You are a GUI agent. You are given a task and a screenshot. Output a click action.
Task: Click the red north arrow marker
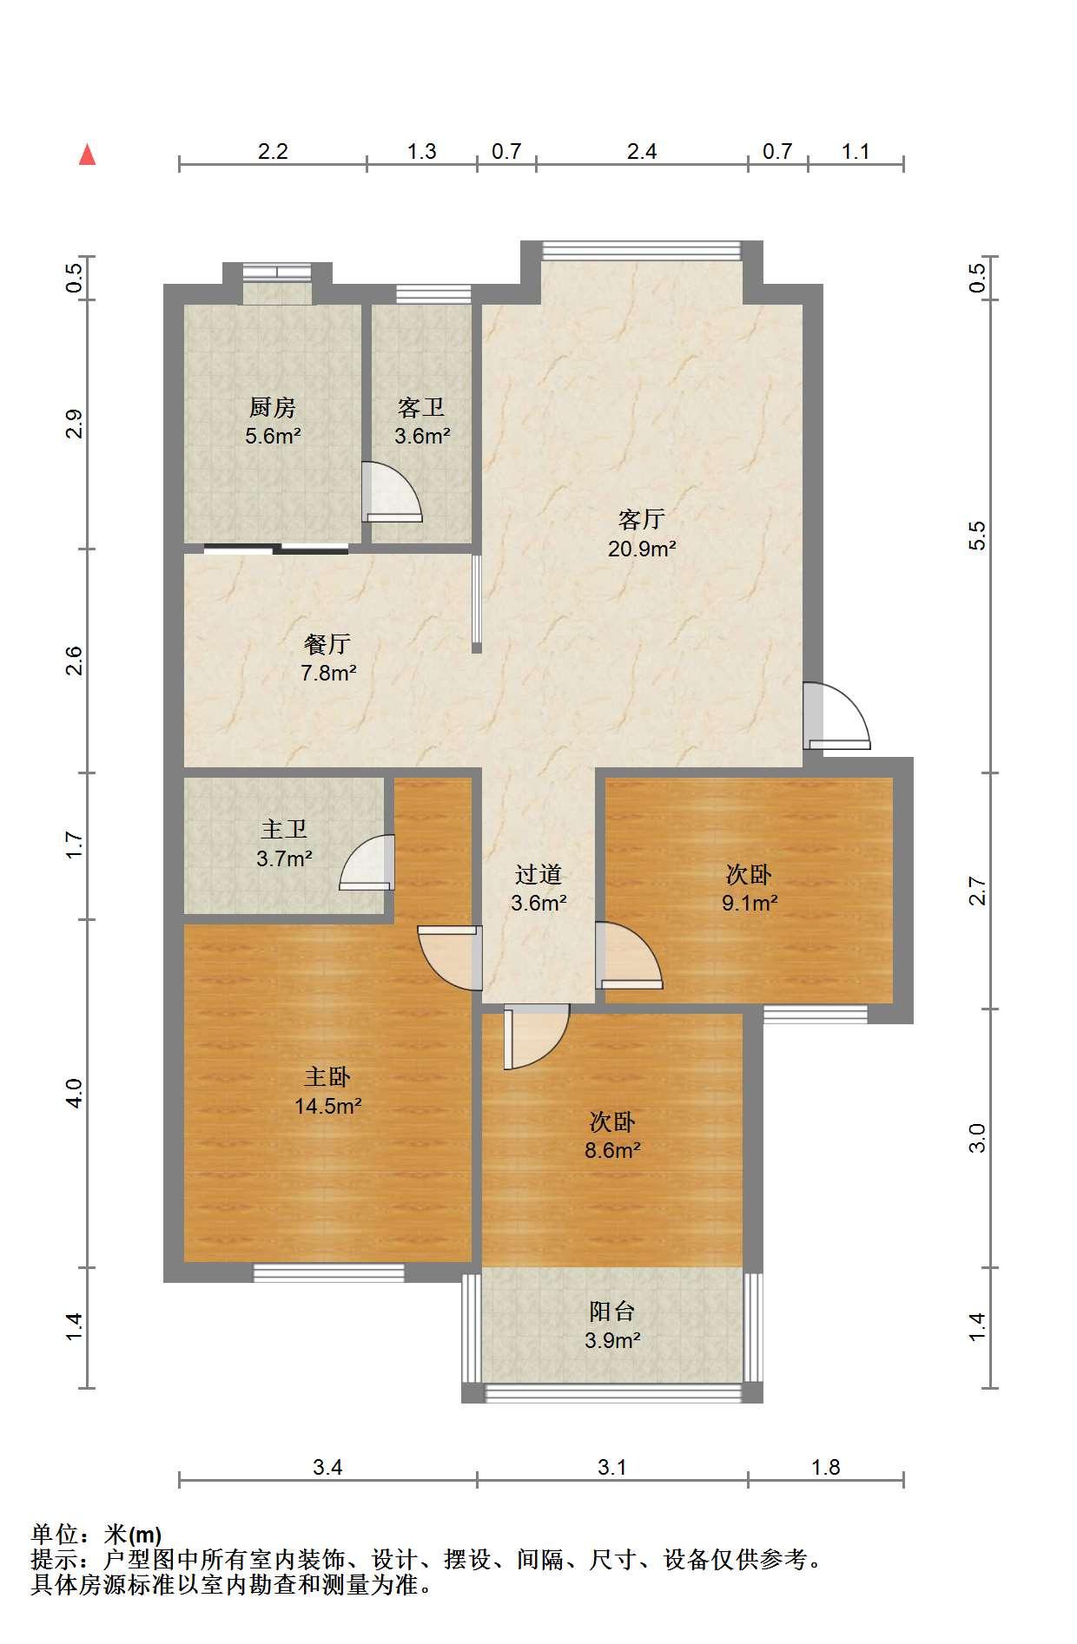[87, 155]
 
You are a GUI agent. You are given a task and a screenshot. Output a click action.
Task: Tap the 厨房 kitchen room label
[273, 406]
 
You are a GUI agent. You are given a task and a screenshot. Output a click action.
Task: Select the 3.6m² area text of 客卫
[422, 436]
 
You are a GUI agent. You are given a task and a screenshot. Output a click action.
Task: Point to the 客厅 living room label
[642, 519]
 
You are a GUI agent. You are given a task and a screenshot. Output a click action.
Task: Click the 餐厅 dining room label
[327, 643]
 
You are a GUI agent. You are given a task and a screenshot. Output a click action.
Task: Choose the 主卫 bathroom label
[284, 829]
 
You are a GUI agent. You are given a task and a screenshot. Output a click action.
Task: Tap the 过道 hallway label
[538, 874]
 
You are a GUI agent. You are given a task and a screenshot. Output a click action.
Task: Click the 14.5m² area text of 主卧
[327, 1106]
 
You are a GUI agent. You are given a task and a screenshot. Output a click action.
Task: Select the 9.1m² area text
[750, 903]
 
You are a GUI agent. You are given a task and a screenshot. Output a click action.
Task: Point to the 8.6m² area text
[612, 1150]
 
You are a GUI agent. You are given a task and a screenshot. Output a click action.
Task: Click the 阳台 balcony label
[612, 1311]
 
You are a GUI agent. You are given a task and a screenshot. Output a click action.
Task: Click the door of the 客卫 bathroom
[393, 492]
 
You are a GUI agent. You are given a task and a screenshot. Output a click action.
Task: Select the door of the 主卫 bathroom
[367, 862]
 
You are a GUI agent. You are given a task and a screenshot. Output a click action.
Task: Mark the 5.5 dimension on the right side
[978, 535]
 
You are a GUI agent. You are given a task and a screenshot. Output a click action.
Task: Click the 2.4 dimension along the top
[642, 152]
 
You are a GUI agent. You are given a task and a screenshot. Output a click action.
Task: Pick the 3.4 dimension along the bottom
[327, 1467]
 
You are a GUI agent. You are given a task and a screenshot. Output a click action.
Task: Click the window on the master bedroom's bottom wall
[329, 1272]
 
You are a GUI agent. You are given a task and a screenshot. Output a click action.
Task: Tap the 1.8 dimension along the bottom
[825, 1467]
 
